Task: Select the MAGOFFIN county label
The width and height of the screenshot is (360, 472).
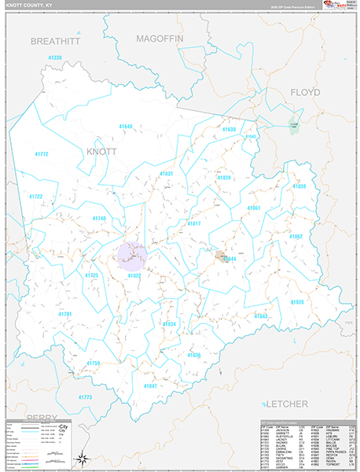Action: (159, 37)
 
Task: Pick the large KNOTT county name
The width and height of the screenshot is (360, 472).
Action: (101, 150)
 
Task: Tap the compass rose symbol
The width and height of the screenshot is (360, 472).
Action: (81, 459)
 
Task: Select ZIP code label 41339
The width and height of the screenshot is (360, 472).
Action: (54, 57)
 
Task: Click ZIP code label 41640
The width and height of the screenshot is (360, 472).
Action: (125, 126)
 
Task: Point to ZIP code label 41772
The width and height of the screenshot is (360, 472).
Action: (41, 154)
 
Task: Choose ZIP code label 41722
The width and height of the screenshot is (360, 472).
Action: (36, 196)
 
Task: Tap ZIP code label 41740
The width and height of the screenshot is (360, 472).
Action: (98, 218)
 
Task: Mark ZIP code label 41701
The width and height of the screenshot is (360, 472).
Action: (64, 314)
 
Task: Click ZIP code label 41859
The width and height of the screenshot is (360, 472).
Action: (299, 186)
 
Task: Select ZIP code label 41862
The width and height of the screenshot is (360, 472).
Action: (295, 236)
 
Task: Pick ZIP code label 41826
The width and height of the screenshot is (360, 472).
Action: (297, 302)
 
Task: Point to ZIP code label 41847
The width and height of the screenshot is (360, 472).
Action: (150, 385)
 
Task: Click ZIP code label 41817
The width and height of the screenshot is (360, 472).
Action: (194, 223)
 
